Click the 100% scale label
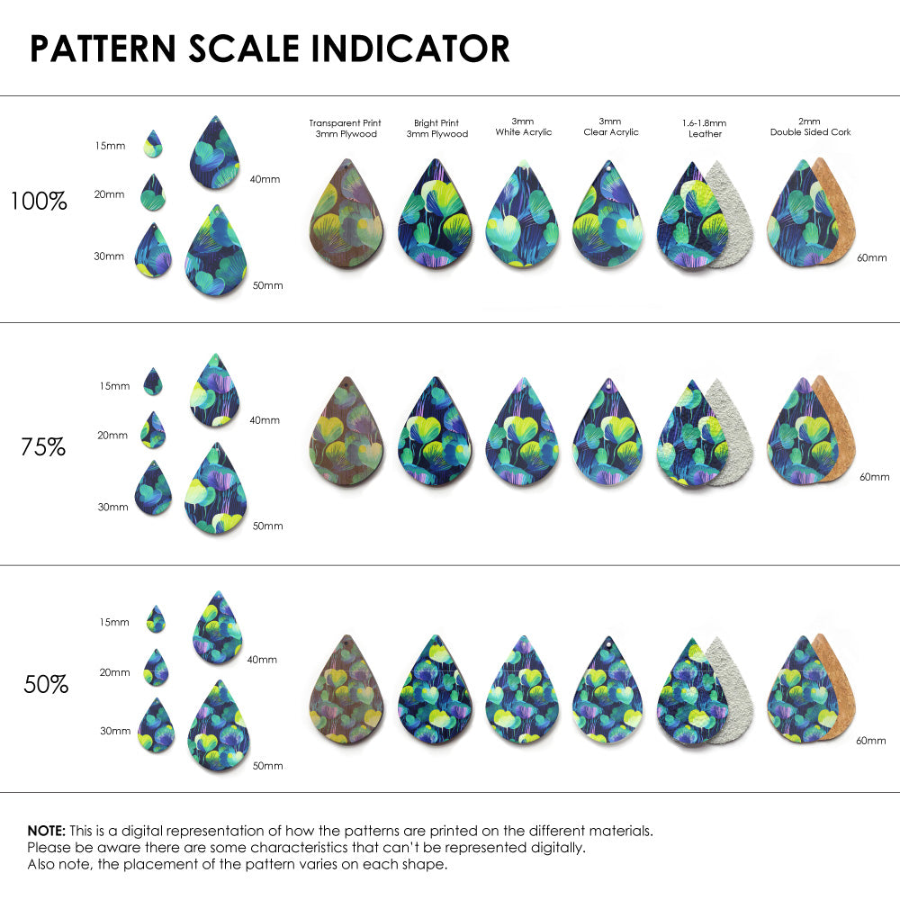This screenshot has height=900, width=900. point(39,201)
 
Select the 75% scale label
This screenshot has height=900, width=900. point(43,446)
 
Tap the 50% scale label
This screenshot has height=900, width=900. point(46,684)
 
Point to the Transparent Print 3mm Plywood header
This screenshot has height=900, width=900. point(345,129)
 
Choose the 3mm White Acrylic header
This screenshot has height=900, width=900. point(523,127)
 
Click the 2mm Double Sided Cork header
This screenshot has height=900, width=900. point(810,127)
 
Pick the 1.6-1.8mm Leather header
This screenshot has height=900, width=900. point(705,129)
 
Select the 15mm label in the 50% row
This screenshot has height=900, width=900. point(114,622)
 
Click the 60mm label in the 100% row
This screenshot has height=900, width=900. point(871,257)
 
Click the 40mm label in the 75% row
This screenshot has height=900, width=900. point(265,419)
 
